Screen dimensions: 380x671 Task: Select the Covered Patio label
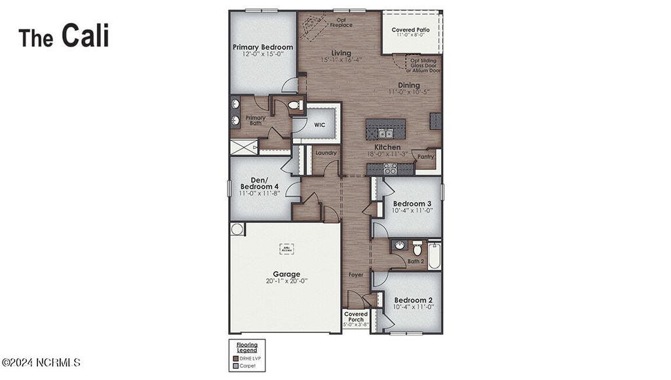(x=411, y=30)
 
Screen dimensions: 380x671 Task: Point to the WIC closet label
(x=319, y=124)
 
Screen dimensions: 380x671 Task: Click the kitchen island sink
(x=385, y=134)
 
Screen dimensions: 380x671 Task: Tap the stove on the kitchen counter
(x=389, y=168)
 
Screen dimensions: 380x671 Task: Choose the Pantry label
(x=426, y=157)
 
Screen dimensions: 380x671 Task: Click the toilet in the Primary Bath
(x=293, y=105)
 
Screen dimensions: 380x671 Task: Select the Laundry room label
(x=326, y=153)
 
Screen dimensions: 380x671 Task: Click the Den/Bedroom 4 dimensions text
(x=259, y=193)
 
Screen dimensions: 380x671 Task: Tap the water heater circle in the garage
(x=237, y=229)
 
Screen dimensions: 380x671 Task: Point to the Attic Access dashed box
(x=287, y=249)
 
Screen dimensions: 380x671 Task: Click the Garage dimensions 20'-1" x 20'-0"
(x=286, y=281)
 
